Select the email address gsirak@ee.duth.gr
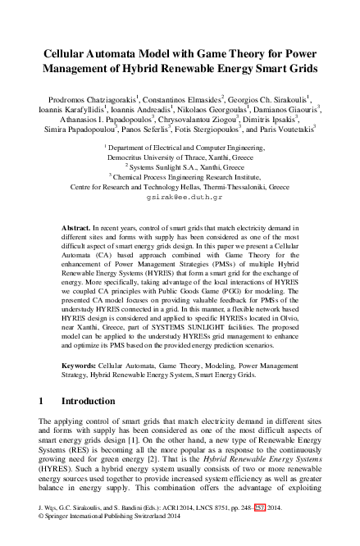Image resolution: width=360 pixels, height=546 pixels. (x=180, y=198)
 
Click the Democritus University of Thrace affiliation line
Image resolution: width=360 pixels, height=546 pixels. (x=180, y=154)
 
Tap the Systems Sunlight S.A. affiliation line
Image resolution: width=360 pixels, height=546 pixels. (x=180, y=165)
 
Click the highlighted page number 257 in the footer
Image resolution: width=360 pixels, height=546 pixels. (x=262, y=530)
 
